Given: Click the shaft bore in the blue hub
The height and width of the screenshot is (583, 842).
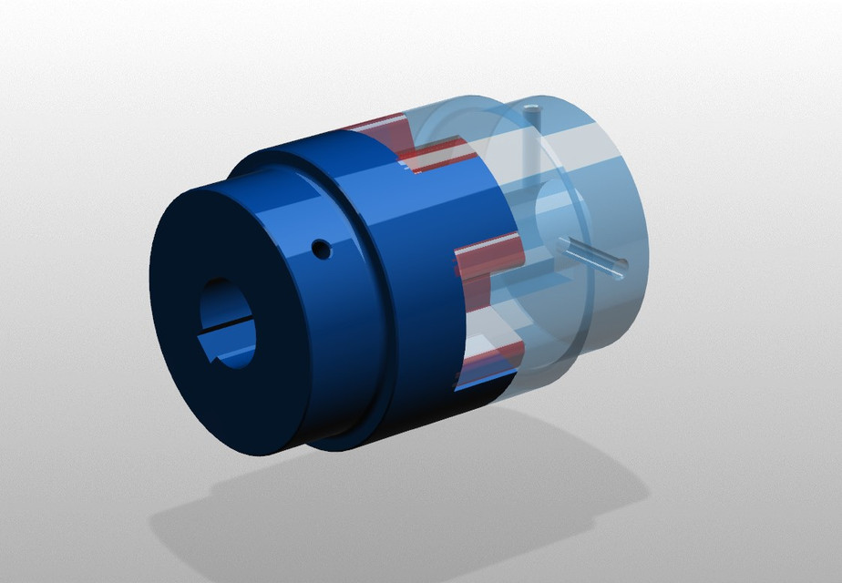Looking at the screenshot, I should pos(228,323).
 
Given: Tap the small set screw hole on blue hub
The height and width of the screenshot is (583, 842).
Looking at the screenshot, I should pos(320,248).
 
